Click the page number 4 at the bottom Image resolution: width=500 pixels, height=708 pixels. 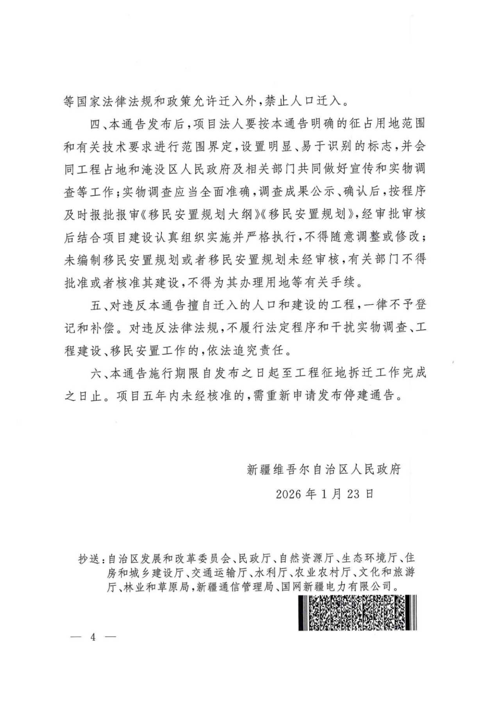[x=93, y=637]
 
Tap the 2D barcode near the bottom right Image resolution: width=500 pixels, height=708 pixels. [x=357, y=613]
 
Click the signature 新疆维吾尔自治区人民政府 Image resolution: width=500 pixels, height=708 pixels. [x=324, y=469]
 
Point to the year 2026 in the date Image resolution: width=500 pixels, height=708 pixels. [x=289, y=494]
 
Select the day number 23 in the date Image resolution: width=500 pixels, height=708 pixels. [x=353, y=494]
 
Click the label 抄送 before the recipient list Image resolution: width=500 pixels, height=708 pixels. [x=89, y=559]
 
